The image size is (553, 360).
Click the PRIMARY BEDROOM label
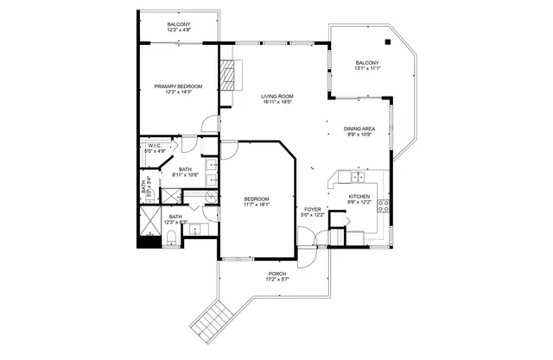[x=178, y=86]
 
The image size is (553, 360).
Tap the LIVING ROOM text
[x=277, y=96]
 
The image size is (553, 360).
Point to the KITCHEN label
[x=359, y=196]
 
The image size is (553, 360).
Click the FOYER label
[x=313, y=210]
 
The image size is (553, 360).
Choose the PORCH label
[x=276, y=274]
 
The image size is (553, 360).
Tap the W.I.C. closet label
[x=154, y=146]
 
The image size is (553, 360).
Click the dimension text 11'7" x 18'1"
[x=257, y=205]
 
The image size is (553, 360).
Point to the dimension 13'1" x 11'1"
[x=367, y=68]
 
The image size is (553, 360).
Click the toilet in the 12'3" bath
[x=172, y=236]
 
